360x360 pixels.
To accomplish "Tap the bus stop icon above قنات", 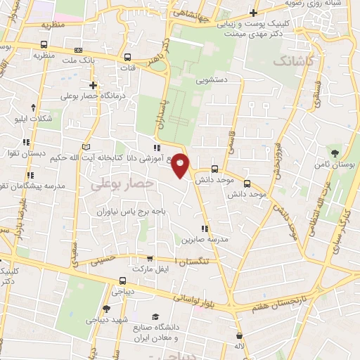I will pyautogui.click(x=127, y=58).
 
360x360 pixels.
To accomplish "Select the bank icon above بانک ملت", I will pyautogui.click(x=77, y=51).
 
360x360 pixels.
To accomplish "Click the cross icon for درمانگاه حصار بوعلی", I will pyautogui.click(x=93, y=85).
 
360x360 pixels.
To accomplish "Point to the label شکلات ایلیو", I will pyautogui.click(x=34, y=119).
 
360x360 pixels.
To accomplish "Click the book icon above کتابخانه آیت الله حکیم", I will pyautogui.click(x=86, y=146).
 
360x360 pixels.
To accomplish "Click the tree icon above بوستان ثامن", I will pyautogui.click(x=335, y=153).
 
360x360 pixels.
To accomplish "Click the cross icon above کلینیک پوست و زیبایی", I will pyautogui.click(x=254, y=13).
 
